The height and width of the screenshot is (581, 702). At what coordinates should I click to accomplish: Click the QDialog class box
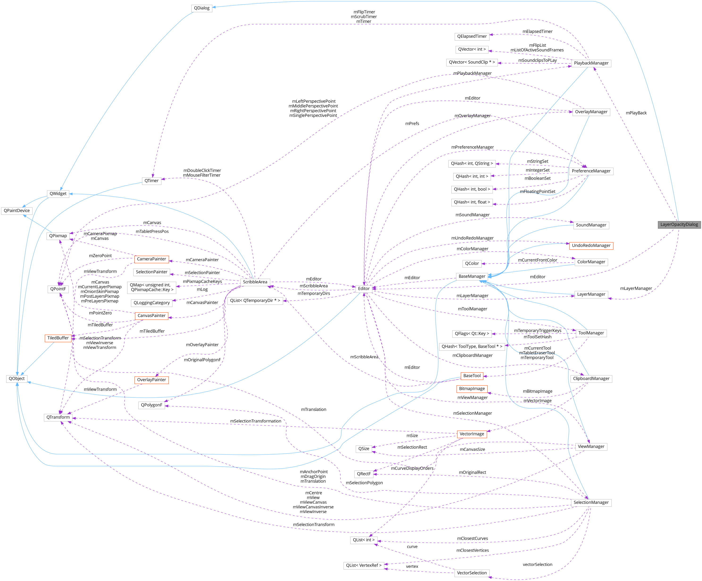pyautogui.click(x=202, y=8)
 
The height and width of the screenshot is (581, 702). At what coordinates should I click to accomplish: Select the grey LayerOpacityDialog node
pyautogui.click(x=679, y=224)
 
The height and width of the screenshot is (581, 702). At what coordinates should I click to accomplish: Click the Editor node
pyautogui.click(x=364, y=289)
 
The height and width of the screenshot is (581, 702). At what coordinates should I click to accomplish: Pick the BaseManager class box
pyautogui.click(x=472, y=276)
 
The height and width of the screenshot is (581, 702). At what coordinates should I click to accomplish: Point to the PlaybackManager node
pyautogui.click(x=591, y=63)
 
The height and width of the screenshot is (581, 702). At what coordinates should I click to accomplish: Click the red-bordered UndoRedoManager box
pyautogui.click(x=591, y=246)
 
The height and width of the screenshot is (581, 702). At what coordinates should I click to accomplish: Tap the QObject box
pyautogui.click(x=17, y=379)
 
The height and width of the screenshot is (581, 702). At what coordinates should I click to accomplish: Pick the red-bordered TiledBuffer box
pyautogui.click(x=58, y=338)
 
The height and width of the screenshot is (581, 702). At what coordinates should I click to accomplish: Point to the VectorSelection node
pyautogui.click(x=472, y=573)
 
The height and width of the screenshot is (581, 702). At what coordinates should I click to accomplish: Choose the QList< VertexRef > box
pyautogui.click(x=364, y=565)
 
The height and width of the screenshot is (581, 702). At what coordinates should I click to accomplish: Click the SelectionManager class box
pyautogui.click(x=591, y=502)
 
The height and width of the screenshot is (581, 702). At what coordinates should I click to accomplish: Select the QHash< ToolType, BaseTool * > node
pyautogui.click(x=472, y=347)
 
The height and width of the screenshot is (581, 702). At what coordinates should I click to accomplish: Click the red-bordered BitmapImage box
pyautogui.click(x=472, y=389)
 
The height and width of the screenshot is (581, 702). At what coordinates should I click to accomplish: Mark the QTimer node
pyautogui.click(x=151, y=181)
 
